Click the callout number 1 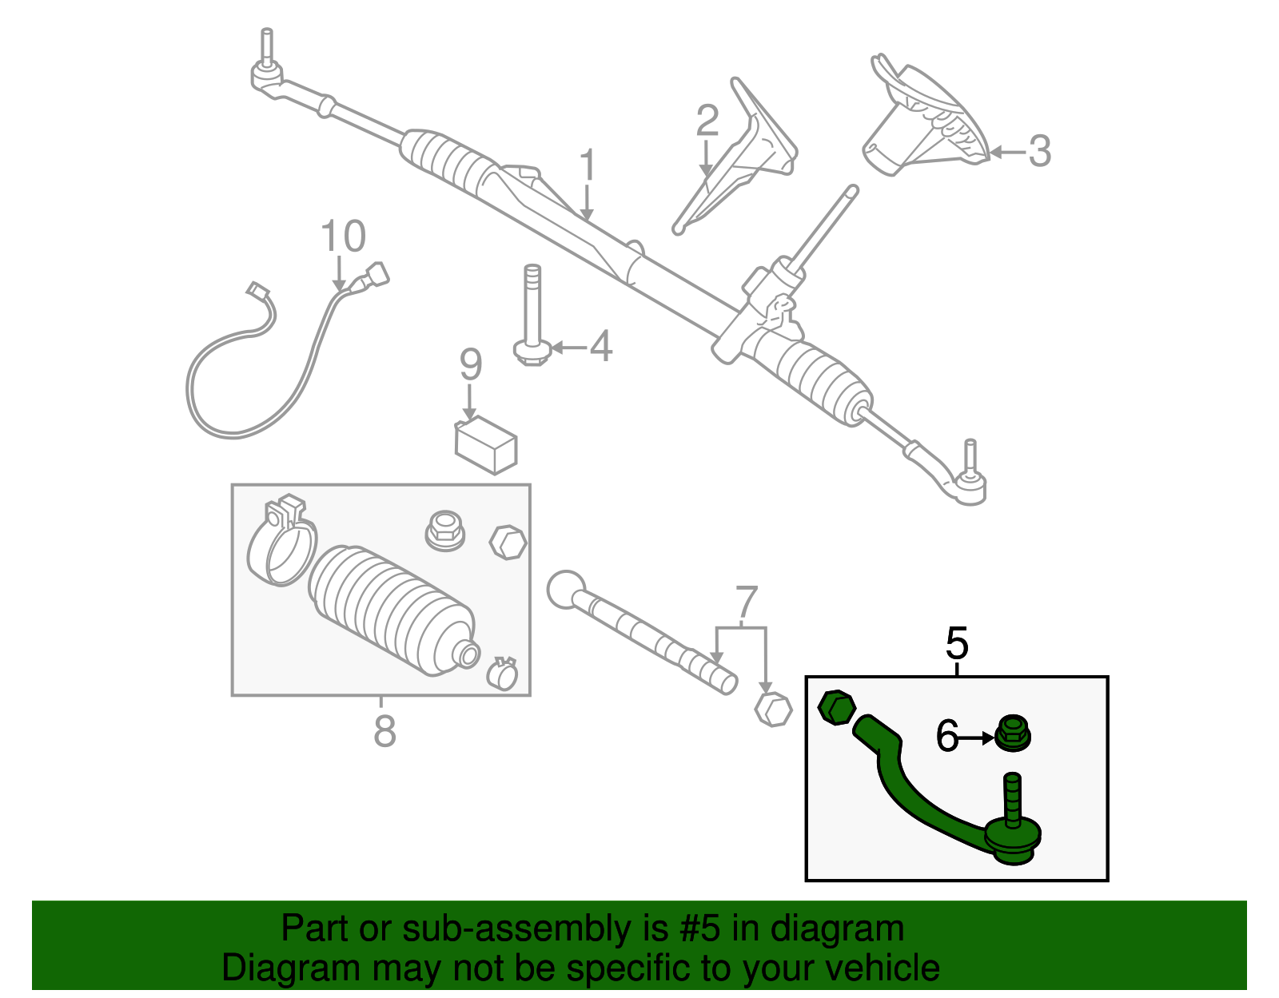pos(588,166)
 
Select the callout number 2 pos(707,121)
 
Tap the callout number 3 pos(1038,151)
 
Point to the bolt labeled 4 pos(532,316)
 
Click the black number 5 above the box pos(956,643)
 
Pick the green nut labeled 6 pos(1013,733)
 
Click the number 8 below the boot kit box pos(384,730)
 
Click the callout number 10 pos(343,237)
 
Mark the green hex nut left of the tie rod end pos(837,707)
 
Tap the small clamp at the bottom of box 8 pos(502,674)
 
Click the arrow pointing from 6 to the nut pos(976,738)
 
